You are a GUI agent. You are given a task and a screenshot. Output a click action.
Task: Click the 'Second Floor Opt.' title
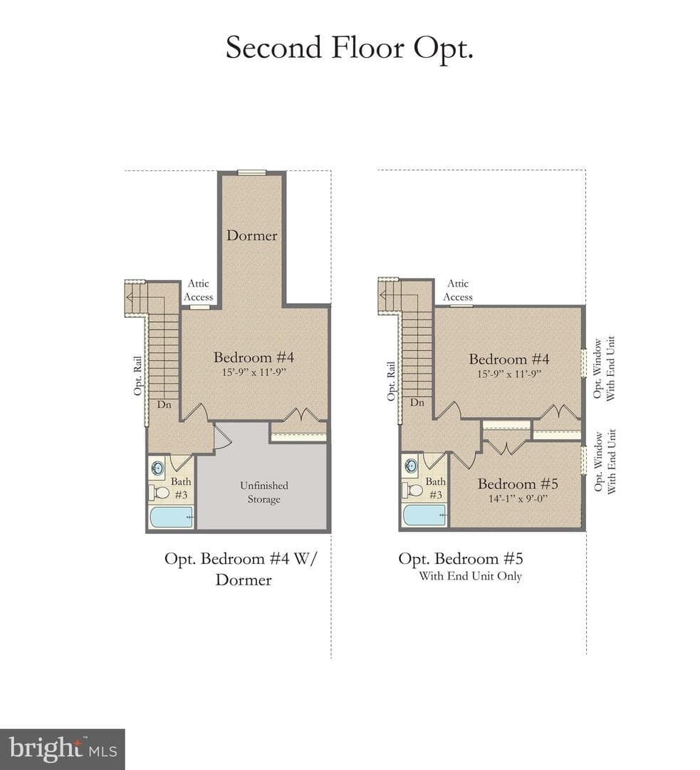[349, 48]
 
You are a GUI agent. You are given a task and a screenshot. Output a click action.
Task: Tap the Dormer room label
[251, 235]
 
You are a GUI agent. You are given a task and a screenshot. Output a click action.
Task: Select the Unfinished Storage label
[264, 492]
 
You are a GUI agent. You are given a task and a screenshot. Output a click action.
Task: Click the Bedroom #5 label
[518, 483]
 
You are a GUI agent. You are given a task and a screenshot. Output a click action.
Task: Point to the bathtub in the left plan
[171, 517]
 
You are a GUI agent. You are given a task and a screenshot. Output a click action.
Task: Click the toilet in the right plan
[414, 490]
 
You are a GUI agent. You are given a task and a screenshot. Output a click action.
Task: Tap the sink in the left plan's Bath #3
[158, 468]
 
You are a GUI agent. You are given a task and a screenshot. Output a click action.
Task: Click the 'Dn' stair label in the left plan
[164, 405]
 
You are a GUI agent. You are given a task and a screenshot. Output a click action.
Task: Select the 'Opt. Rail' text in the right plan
[391, 381]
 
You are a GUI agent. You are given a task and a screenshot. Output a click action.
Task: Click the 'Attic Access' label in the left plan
[198, 290]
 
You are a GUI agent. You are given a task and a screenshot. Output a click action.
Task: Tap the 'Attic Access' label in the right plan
[458, 290]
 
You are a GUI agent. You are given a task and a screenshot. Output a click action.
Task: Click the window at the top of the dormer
[251, 173]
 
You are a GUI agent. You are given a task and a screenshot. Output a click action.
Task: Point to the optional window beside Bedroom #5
[584, 460]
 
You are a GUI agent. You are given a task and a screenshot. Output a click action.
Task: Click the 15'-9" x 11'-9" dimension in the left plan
[254, 371]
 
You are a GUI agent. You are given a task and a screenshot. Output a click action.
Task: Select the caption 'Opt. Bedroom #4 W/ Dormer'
[241, 569]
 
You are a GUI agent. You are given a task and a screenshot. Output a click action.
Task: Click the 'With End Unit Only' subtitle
[470, 576]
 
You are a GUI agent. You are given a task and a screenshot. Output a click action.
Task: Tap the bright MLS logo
[62, 749]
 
